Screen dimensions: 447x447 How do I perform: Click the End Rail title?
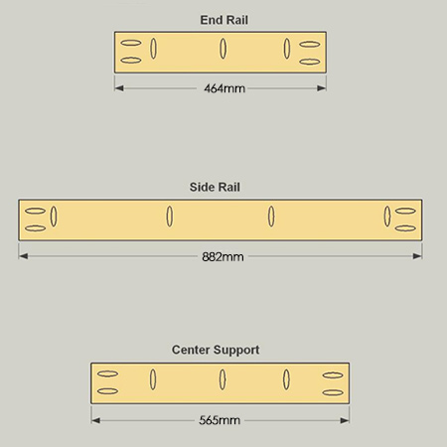coord(223,20)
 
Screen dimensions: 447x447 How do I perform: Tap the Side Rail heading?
coord(215,187)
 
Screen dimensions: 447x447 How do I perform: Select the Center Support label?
coord(216,350)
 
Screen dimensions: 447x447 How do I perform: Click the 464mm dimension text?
coord(224,88)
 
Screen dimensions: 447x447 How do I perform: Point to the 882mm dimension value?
coord(223,257)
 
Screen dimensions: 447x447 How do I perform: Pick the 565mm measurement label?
coord(220,420)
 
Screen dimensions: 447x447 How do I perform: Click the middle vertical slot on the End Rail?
coord(223,49)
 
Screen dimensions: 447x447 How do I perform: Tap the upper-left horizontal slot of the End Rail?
coord(131,43)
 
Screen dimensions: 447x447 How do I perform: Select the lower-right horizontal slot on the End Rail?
coord(310,62)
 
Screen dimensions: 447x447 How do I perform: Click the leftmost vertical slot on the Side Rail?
coord(54,217)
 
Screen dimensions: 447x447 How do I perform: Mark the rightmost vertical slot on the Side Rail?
coord(387,217)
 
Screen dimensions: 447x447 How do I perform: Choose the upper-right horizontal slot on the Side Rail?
coord(405,211)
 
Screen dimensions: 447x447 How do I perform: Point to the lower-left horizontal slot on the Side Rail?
coord(35,228)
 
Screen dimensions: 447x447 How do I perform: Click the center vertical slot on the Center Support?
coord(223,379)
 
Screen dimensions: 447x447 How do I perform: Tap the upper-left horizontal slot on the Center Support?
coord(107,373)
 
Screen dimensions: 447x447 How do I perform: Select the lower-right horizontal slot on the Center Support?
coord(333,392)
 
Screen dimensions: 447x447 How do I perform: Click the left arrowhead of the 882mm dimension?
coord(23,256)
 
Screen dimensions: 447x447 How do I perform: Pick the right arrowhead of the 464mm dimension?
coord(322,88)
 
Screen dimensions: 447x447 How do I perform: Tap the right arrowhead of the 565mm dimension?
coord(345,420)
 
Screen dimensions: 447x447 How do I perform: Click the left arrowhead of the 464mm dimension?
coord(119,88)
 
